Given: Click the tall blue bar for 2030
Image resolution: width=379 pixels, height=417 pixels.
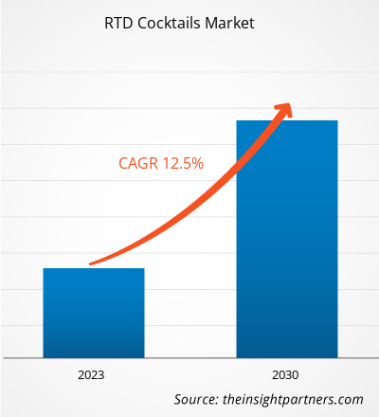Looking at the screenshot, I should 287,237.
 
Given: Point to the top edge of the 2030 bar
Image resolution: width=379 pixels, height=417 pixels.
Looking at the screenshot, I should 287,120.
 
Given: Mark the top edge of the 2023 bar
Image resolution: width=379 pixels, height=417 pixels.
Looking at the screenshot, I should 93,269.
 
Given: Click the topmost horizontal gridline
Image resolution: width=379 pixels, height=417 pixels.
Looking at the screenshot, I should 189,73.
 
